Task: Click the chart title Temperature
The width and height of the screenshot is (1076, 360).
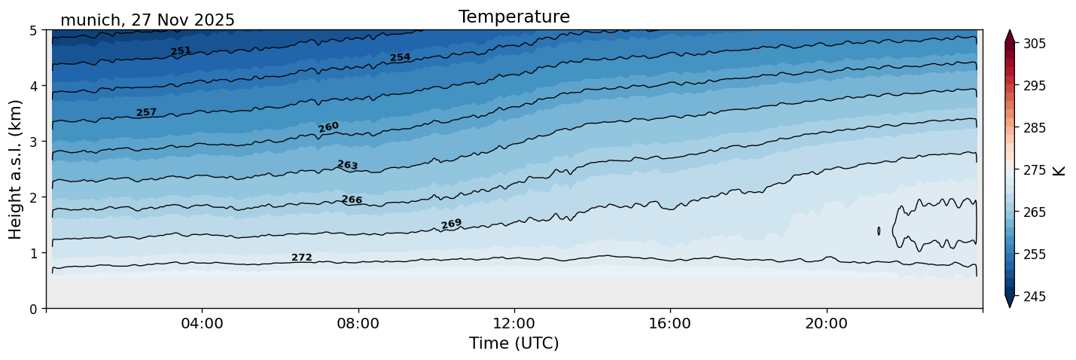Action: (x=514, y=17)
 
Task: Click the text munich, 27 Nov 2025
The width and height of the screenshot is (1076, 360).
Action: (x=148, y=20)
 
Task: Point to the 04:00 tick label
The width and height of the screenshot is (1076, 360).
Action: (x=202, y=324)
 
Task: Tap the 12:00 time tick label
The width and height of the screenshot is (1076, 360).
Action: (x=514, y=324)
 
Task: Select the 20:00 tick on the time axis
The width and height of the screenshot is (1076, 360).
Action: (x=826, y=324)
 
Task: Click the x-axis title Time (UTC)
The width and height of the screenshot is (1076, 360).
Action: (x=514, y=343)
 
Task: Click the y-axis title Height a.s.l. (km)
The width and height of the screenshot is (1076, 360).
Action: (x=16, y=169)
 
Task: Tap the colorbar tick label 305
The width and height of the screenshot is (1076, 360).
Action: (x=1034, y=44)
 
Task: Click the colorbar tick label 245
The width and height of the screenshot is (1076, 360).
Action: (x=1034, y=297)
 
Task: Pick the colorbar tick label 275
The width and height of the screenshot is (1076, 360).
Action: (x=1034, y=170)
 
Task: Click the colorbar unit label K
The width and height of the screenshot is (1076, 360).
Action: (x=1060, y=170)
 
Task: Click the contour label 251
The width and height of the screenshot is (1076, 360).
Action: (x=181, y=51)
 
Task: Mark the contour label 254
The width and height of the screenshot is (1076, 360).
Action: (x=400, y=58)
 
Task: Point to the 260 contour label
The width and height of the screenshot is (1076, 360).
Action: (x=328, y=127)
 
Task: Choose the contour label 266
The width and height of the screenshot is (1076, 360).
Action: (x=352, y=200)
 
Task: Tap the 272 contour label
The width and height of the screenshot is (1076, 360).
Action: (x=301, y=258)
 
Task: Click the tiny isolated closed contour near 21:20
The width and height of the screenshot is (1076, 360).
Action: (x=879, y=231)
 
